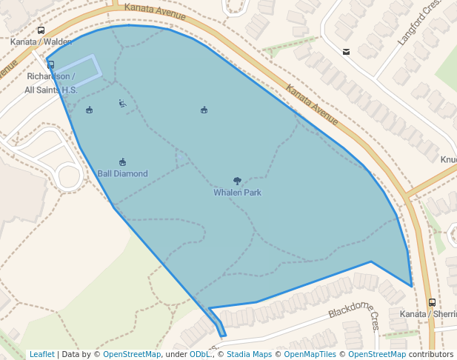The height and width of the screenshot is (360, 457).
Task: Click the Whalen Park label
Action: click(237, 193)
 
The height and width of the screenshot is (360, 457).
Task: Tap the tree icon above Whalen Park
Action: click(237, 181)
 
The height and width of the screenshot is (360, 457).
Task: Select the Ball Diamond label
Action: click(122, 174)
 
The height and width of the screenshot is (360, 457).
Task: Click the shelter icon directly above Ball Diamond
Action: click(122, 162)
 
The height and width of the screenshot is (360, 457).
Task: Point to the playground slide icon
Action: click(122, 104)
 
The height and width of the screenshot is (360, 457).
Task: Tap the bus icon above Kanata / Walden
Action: click(41, 31)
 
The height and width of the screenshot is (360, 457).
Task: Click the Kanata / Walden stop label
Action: click(41, 42)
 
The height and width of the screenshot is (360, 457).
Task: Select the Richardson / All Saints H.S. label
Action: click(50, 83)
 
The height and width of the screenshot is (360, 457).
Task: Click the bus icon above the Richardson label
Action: click(50, 65)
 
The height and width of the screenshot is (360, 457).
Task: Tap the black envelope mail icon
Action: click(346, 52)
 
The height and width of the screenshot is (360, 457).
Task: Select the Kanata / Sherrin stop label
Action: click(428, 314)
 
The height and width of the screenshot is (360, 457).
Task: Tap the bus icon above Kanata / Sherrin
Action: click(432, 302)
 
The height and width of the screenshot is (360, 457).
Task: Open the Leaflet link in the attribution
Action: click(42, 354)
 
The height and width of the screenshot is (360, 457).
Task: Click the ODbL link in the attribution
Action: click(200, 354)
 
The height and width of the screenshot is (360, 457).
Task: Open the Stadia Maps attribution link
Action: click(248, 354)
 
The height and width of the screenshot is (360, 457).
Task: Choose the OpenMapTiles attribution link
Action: click(310, 354)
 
